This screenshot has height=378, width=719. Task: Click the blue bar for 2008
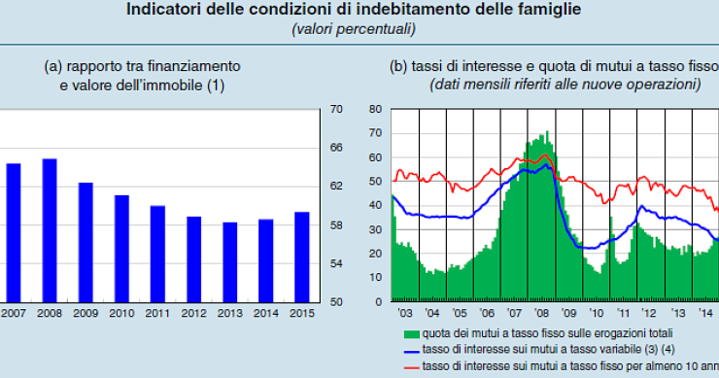coord(50,230)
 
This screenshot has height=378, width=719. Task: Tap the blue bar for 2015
coord(301,258)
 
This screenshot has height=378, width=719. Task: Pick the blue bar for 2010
coord(121,249)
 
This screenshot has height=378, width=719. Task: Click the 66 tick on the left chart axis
coord(336,148)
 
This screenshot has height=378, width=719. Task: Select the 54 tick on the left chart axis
coord(336,263)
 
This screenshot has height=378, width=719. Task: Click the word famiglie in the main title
coord(550,11)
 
